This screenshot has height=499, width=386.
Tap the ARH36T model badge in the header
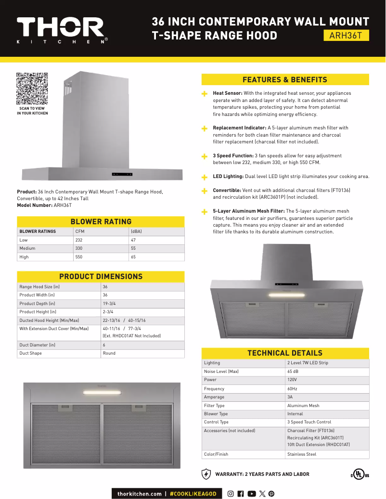[346, 36]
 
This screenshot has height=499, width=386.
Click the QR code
[32, 89]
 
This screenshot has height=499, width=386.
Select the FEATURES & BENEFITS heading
[285, 80]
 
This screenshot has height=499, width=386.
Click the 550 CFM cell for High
[79, 257]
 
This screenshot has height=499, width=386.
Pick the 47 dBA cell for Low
[133, 240]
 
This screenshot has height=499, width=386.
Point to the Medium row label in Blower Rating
[27, 248]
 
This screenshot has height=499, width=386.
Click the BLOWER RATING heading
[101, 222]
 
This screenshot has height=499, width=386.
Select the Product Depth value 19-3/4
[109, 304]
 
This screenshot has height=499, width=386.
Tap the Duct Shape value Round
[109, 353]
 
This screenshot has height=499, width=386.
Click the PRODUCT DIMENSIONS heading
[101, 277]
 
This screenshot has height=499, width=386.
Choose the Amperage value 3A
[290, 397]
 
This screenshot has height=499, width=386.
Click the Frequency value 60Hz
[292, 388]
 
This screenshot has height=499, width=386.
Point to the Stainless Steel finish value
[302, 454]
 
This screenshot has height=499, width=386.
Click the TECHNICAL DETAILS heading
[285, 353]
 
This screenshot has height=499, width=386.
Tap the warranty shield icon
[206, 474]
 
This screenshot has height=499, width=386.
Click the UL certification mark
[360, 474]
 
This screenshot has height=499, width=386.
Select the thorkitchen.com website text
[140, 494]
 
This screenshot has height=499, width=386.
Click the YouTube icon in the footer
[251, 494]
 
